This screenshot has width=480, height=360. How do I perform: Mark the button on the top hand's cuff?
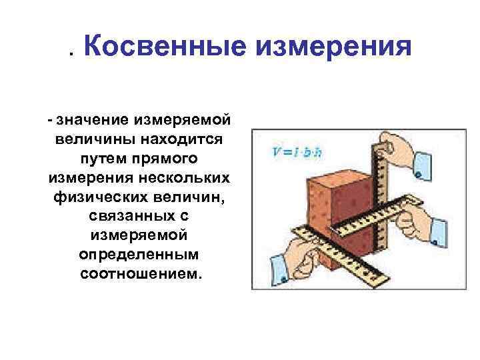417,175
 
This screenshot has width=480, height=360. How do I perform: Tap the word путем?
103,159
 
